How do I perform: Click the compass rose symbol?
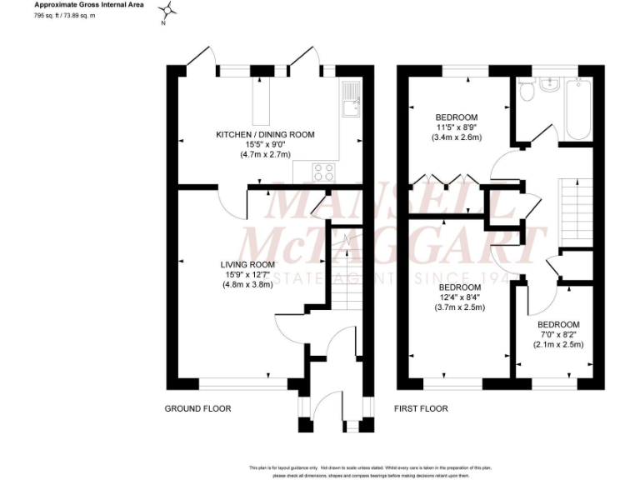tap(168, 11)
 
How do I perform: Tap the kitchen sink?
tap(350, 101)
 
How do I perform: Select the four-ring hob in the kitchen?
tap(323, 172)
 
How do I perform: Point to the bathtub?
tap(577, 109)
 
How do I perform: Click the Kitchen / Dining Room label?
tap(265, 134)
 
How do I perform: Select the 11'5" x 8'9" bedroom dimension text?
tap(456, 127)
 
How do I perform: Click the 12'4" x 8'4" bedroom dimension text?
tap(459, 297)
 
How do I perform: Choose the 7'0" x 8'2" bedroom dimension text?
tap(558, 334)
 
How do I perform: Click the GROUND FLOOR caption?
tap(197, 408)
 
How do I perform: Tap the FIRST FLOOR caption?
tap(421, 408)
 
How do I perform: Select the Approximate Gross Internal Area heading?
tap(89, 5)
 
